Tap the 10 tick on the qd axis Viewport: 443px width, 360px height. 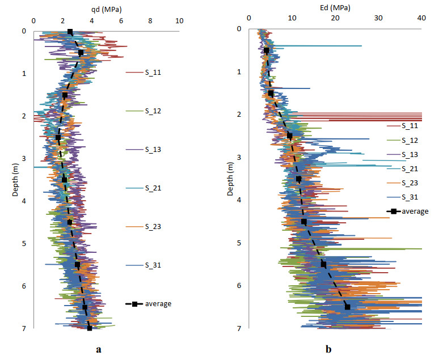(x=180, y=22)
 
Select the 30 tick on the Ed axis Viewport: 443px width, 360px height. (x=378, y=18)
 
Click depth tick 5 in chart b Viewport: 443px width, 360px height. (x=240, y=243)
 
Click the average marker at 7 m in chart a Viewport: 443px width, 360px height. (x=90, y=328)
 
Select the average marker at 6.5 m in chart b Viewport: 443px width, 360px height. (x=348, y=307)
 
